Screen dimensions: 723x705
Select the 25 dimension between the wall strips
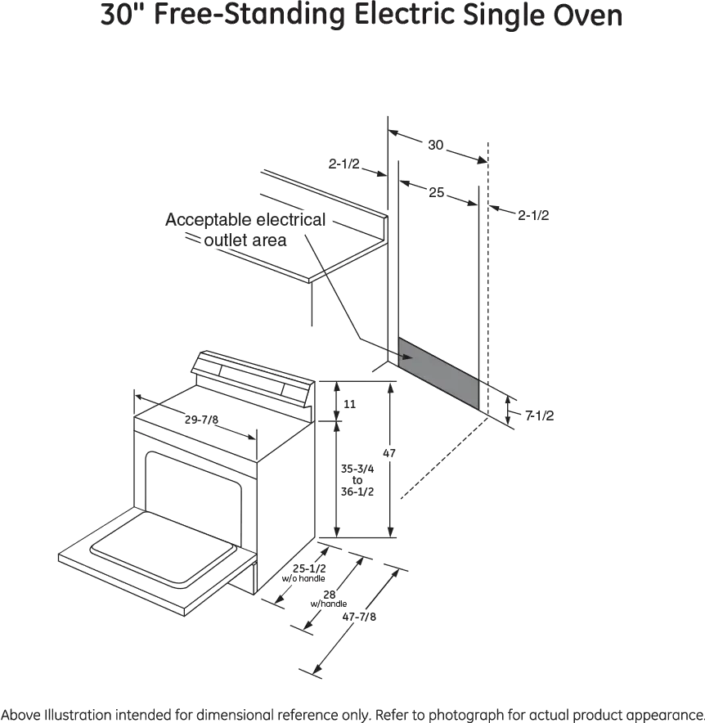coord(437,192)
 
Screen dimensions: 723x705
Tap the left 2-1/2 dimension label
coord(344,164)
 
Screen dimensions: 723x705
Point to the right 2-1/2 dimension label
coord(532,216)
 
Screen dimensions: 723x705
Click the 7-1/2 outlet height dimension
coord(540,415)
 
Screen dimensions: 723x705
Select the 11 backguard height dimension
coord(347,404)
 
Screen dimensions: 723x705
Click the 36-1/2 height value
coord(357,491)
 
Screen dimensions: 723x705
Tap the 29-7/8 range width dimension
coord(200,420)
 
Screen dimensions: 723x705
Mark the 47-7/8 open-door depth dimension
coord(359,617)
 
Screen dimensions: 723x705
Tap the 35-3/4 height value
coord(357,469)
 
